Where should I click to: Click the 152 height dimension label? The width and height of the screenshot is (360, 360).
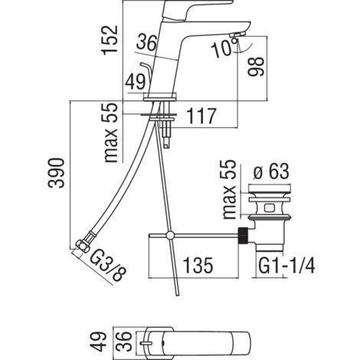tap(110, 40)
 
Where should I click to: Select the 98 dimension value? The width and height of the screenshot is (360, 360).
tap(256, 67)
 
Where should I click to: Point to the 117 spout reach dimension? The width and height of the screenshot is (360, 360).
tap(201, 116)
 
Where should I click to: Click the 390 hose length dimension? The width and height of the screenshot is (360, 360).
tap(56, 173)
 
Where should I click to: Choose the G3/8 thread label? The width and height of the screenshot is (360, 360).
tap(108, 267)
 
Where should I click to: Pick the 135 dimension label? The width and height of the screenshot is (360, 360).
tap(198, 266)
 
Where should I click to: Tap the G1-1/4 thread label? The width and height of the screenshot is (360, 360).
tap(286, 266)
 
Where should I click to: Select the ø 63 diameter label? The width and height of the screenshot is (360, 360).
tap(271, 172)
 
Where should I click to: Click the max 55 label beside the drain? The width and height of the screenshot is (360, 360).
tap(229, 189)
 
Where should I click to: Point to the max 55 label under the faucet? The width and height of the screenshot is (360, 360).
tap(111, 133)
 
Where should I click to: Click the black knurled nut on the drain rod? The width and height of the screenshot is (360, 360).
tap(243, 236)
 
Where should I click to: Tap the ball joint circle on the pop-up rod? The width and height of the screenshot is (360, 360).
tap(170, 235)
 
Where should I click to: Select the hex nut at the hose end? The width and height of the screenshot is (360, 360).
tap(83, 246)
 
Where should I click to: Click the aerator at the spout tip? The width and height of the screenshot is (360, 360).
tap(237, 34)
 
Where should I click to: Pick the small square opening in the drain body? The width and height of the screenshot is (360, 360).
tap(269, 208)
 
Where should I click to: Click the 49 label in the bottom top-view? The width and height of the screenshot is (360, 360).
tap(99, 342)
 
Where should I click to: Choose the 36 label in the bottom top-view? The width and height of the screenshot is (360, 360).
tap(124, 342)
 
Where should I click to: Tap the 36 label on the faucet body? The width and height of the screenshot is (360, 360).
tap(146, 42)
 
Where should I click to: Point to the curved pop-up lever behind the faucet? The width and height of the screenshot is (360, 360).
tap(146, 71)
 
